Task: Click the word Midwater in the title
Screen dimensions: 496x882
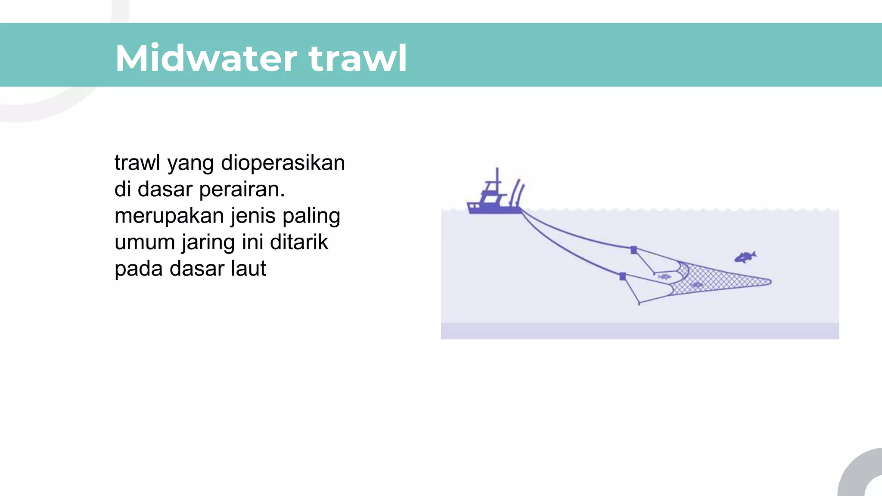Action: click(206, 58)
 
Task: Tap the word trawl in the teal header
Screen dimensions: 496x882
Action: click(357, 58)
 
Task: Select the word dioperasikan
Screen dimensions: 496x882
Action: click(283, 163)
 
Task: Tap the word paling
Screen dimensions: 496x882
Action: click(311, 216)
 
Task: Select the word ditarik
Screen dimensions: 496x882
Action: click(299, 242)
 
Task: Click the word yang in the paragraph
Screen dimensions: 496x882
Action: click(190, 164)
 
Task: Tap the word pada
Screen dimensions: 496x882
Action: click(139, 269)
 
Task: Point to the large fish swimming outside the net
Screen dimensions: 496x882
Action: click(745, 257)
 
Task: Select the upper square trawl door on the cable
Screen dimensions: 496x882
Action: click(634, 250)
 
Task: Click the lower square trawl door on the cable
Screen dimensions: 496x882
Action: click(622, 276)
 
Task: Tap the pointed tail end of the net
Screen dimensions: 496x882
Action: click(768, 282)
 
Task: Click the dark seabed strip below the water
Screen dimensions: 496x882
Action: click(640, 331)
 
